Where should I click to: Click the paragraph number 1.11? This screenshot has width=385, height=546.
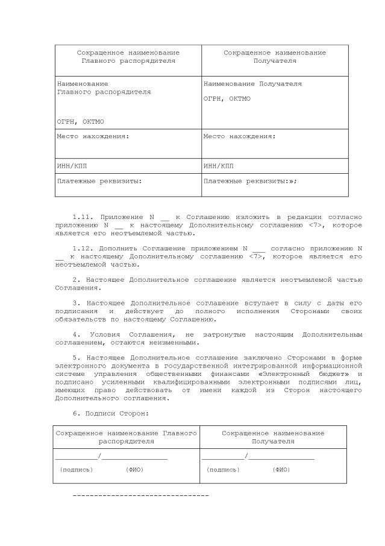point(82,217)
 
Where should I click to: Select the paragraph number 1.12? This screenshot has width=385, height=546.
point(82,248)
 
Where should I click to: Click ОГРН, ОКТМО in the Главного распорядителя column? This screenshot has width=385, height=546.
point(80,121)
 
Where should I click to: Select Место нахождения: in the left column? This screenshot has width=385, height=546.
point(93,136)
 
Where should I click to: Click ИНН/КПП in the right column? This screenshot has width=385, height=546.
point(218,166)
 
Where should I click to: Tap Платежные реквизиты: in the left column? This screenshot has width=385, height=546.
point(99,180)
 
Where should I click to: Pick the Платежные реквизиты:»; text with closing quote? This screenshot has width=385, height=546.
point(250,180)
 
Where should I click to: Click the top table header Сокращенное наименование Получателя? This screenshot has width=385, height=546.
point(275,57)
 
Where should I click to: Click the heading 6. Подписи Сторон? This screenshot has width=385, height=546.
point(110,413)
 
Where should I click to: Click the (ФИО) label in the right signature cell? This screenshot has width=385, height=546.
point(281,469)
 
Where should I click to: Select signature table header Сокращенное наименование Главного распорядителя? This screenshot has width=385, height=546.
point(126,437)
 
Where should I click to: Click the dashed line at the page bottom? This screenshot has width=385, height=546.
point(140,495)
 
